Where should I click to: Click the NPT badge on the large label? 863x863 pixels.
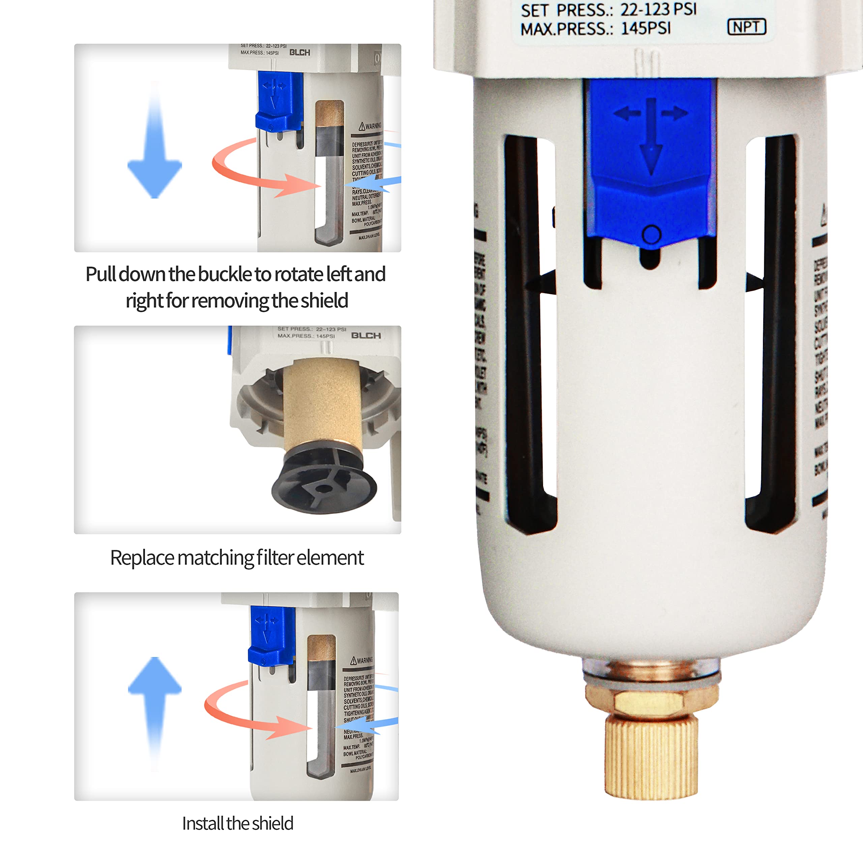pyautogui.click(x=746, y=27)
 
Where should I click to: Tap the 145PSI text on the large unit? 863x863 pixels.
pyautogui.click(x=646, y=28)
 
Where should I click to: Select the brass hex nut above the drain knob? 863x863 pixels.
pyautogui.click(x=651, y=701)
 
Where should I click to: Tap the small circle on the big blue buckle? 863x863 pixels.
pyautogui.click(x=651, y=234)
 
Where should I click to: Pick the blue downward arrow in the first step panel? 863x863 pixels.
pyautogui.click(x=154, y=147)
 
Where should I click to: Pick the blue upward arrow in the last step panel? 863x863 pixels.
pyautogui.click(x=154, y=706)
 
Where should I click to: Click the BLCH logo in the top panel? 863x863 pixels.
pyautogui.click(x=299, y=53)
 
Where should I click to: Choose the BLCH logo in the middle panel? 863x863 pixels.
pyautogui.click(x=366, y=335)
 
